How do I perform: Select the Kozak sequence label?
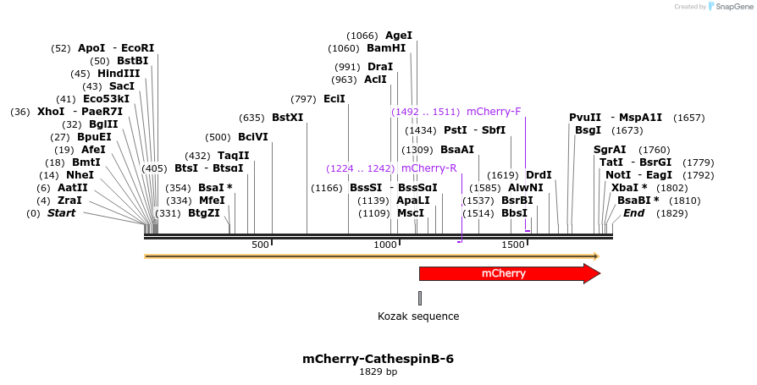click(418, 316)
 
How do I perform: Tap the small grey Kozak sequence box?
click(419, 298)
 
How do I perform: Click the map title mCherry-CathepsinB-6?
click(378, 359)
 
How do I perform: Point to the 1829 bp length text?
click(378, 371)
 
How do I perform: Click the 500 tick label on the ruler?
click(260, 245)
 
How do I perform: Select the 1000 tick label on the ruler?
click(386, 245)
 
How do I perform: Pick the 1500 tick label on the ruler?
click(513, 245)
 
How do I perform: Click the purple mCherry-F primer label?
click(494, 111)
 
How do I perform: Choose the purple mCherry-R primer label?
click(428, 168)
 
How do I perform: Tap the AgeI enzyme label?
click(398, 36)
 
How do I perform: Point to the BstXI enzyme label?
click(287, 118)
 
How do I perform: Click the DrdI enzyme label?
click(539, 175)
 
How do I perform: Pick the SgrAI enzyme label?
click(610, 150)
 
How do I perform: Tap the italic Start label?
click(61, 213)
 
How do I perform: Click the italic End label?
click(633, 213)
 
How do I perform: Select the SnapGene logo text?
click(732, 7)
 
